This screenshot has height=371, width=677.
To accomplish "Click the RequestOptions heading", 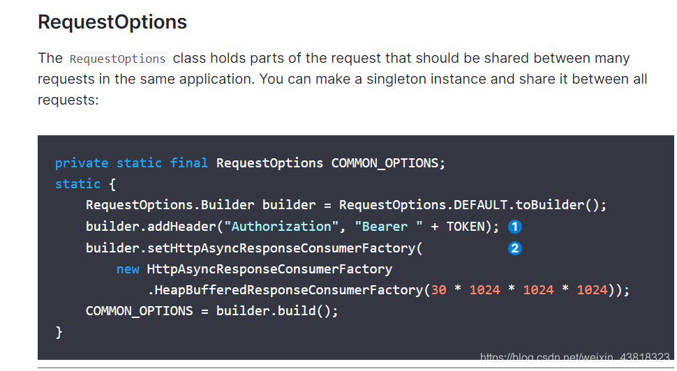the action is (x=112, y=22).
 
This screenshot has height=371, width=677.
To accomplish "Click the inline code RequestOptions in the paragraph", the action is (x=118, y=59).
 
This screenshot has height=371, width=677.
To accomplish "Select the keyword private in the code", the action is (x=82, y=163).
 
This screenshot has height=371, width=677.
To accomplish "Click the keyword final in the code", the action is (x=189, y=163).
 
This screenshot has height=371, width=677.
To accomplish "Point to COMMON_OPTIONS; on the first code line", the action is (x=388, y=163).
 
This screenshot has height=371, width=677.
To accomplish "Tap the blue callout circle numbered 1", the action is (x=515, y=227).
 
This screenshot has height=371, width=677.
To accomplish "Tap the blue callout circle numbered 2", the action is (x=515, y=248).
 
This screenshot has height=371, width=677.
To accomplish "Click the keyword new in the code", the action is (x=128, y=269).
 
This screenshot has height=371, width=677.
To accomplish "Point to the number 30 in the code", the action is (x=439, y=290).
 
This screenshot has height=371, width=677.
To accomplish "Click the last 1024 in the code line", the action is (x=592, y=290).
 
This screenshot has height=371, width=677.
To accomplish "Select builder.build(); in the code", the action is (x=277, y=311).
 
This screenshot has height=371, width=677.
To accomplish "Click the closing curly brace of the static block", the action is (x=59, y=333).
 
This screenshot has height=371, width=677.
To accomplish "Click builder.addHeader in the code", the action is (x=143, y=227).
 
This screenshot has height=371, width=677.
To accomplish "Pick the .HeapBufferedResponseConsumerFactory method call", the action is (x=285, y=290).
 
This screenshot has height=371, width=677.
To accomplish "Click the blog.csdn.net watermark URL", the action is (x=575, y=358).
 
